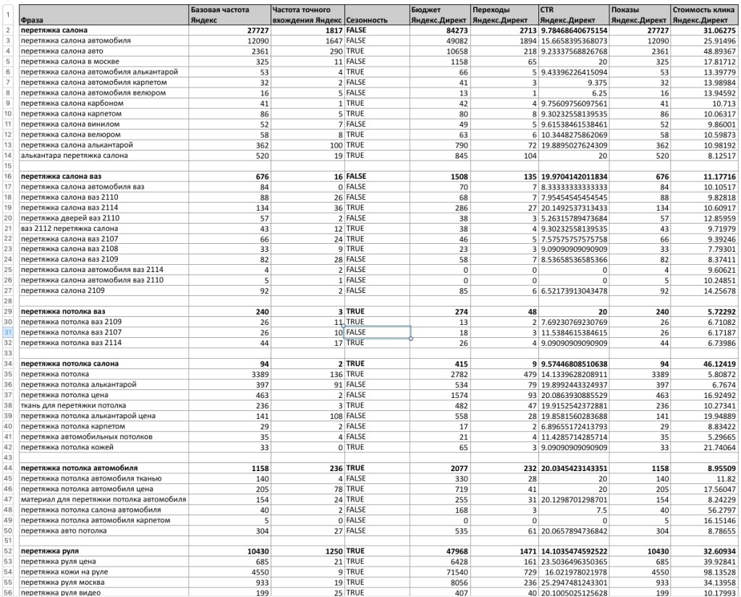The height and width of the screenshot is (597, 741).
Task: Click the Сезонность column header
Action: pos(367,20)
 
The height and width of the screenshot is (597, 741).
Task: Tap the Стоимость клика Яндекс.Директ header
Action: pos(703,15)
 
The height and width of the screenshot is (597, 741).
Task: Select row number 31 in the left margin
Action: pos(9,332)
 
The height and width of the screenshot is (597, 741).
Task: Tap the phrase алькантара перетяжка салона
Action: pos(75,156)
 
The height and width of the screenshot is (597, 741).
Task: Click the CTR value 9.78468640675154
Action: pos(573,31)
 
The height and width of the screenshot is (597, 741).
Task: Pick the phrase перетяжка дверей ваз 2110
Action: pos(70,218)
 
